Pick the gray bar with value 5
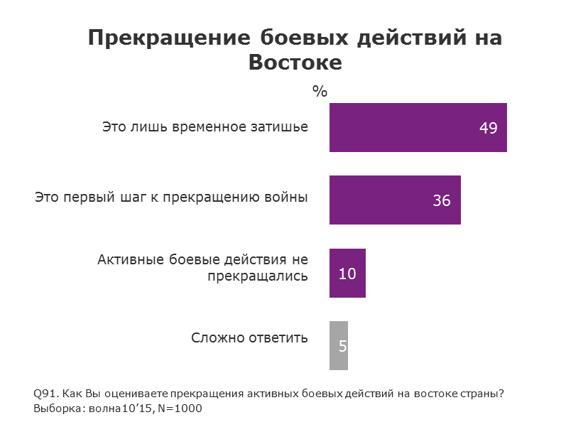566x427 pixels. click(x=339, y=346)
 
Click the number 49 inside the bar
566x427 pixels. click(x=488, y=129)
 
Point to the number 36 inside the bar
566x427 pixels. click(x=442, y=201)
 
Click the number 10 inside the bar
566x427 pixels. click(x=347, y=274)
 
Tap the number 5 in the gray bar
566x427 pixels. click(x=342, y=347)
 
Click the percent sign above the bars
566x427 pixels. click(x=320, y=91)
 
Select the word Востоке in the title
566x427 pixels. click(x=295, y=63)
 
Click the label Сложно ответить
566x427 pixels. click(x=249, y=337)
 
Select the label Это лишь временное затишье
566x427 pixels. click(x=205, y=127)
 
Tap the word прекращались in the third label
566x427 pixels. click(x=257, y=275)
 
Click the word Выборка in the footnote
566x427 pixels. click(x=55, y=409)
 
